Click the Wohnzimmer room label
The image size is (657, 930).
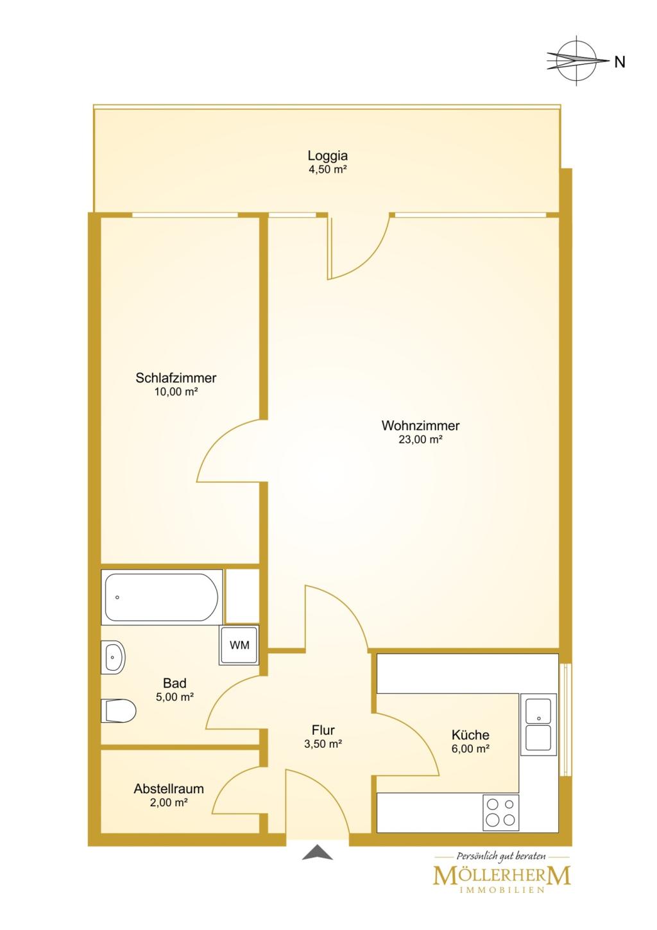420,426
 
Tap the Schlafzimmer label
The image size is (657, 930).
176,378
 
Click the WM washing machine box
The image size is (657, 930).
239,645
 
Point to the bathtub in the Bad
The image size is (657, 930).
161,597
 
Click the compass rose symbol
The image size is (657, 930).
577,61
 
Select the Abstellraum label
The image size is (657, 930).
169,789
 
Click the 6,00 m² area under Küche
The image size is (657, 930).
470,749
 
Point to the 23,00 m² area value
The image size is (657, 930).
420,440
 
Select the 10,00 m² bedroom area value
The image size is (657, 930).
176,392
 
